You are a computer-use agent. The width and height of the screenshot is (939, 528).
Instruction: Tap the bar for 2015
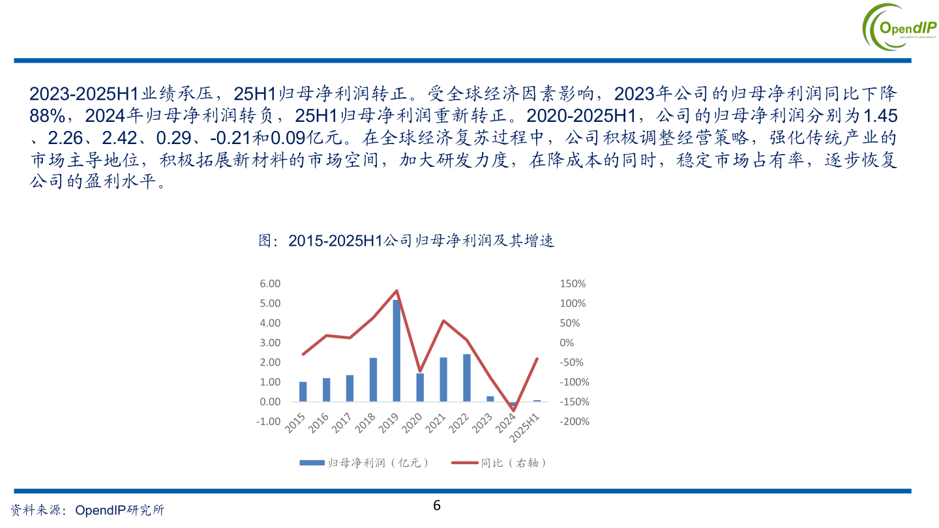point(303,392)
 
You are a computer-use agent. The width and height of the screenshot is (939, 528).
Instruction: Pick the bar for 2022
point(467,378)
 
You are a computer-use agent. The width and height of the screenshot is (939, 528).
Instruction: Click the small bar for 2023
point(490,399)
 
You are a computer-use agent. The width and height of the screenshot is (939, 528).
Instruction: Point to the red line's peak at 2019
point(396,291)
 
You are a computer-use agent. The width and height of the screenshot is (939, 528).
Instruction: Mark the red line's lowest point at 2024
point(513,410)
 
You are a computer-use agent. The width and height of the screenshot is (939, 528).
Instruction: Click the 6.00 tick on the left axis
point(270,284)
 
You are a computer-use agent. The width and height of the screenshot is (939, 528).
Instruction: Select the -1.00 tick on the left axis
point(269,421)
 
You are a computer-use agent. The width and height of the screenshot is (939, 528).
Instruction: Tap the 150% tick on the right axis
point(573,284)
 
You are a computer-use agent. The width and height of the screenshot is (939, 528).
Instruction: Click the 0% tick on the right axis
point(567,343)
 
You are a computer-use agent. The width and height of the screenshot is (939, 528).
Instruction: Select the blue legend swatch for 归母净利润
point(312,463)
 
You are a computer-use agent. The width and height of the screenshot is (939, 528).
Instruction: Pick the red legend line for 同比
point(464,463)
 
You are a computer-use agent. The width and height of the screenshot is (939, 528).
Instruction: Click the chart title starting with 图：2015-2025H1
point(406,241)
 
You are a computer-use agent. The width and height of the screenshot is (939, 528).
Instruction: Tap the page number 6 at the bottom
point(437,505)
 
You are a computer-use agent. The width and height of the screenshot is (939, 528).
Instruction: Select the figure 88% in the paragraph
point(47,116)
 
